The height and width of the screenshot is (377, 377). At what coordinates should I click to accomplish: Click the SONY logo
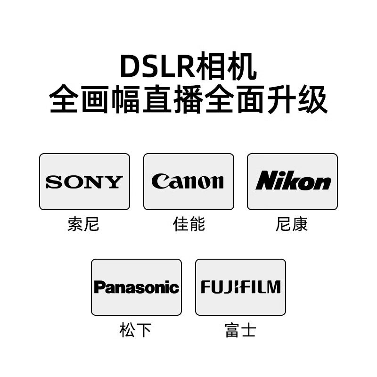click(x=84, y=182)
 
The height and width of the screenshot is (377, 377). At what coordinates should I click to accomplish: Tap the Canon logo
click(x=188, y=182)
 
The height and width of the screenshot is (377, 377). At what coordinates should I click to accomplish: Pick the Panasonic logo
click(x=136, y=287)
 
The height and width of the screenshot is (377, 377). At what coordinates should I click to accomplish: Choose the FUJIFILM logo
click(x=240, y=287)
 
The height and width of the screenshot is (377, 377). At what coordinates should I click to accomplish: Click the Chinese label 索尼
click(x=83, y=224)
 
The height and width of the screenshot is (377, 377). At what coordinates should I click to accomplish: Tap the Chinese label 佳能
click(x=188, y=224)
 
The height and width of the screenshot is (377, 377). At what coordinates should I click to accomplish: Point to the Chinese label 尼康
click(x=292, y=224)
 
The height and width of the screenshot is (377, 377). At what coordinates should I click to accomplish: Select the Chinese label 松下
click(x=136, y=330)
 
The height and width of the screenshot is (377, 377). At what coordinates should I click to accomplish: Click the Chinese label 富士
click(x=240, y=330)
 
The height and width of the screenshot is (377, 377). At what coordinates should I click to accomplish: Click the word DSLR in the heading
click(x=150, y=67)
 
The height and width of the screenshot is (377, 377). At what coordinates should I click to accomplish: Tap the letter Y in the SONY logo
click(x=115, y=182)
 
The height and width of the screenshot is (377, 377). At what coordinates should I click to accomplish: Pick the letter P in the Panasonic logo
click(x=98, y=287)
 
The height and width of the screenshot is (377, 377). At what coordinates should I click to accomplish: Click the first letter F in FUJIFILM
click(x=205, y=287)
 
